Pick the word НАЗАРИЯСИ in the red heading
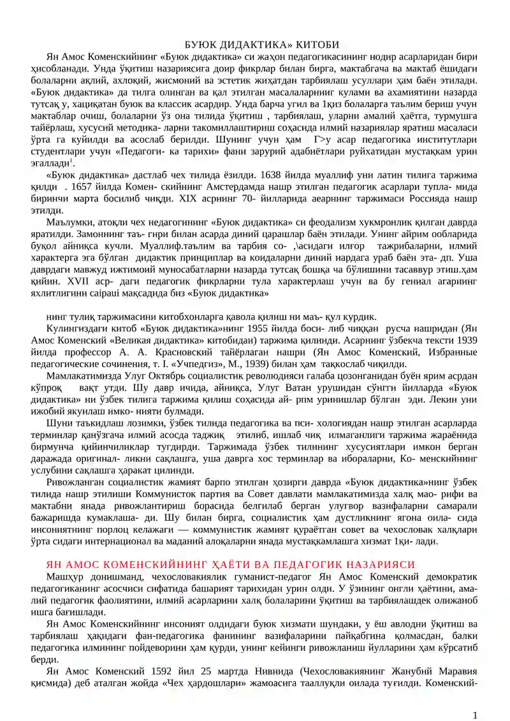(x=381, y=564)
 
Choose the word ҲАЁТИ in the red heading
(x=210, y=564)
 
